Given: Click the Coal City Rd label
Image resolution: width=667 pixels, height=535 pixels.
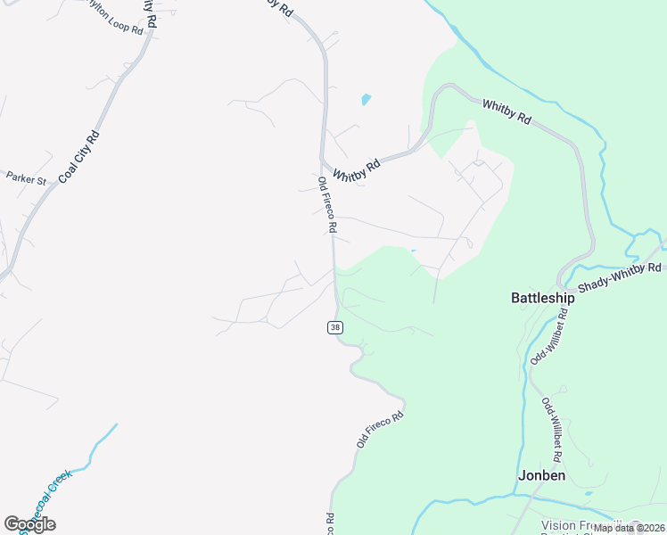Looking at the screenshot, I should [x=78, y=158].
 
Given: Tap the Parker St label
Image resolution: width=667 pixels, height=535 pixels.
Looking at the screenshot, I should [x=26, y=178].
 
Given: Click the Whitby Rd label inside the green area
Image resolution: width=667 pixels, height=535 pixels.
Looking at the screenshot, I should [x=506, y=111].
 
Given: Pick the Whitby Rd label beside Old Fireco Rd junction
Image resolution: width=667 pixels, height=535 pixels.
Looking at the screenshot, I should [x=356, y=168].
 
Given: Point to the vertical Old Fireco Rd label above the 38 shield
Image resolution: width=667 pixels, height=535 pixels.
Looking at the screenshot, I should [x=326, y=204].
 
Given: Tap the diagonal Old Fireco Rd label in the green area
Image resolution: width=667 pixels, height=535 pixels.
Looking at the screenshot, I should [x=380, y=428].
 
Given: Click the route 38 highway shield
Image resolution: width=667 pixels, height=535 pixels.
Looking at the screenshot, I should [x=334, y=327].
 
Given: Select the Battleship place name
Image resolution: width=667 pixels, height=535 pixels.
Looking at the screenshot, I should [x=542, y=298].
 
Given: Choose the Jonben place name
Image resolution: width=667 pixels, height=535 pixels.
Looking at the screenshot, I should [x=541, y=475].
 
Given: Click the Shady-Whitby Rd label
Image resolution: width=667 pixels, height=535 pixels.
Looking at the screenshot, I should [x=620, y=278].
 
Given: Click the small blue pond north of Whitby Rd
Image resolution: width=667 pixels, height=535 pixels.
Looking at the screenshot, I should [x=366, y=100].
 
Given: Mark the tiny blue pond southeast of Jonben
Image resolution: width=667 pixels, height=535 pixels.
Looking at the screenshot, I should [x=589, y=493].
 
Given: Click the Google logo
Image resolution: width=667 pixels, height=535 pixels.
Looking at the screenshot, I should [x=29, y=523].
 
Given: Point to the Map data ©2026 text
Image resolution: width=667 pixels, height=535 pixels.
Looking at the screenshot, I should [x=629, y=528].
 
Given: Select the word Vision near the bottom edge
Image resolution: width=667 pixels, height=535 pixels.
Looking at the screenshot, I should [x=559, y=525].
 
